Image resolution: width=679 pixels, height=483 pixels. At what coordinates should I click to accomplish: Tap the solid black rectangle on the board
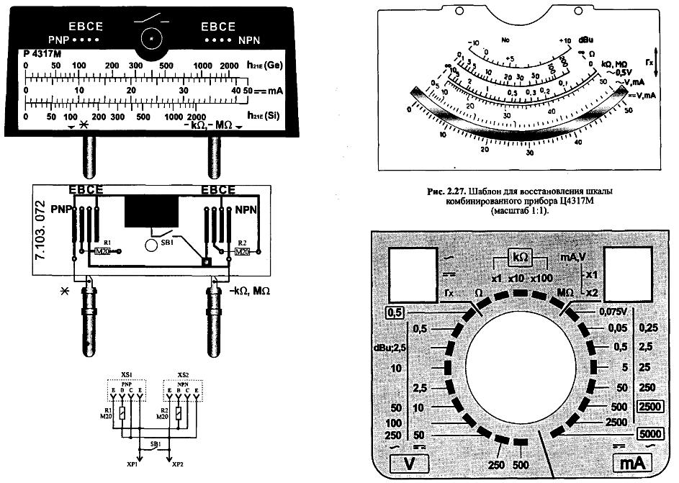[x=151, y=211]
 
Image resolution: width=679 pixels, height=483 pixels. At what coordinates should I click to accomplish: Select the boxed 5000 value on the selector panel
[x=651, y=434]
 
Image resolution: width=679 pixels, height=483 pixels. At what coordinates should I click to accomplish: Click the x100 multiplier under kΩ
[x=544, y=278]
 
